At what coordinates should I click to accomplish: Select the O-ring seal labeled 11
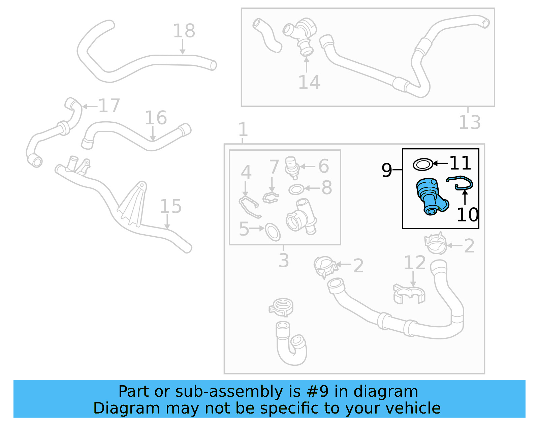pyautogui.click(x=422, y=164)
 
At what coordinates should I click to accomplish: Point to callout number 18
pyautogui.click(x=184, y=31)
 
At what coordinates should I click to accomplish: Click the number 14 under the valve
pyautogui.click(x=309, y=82)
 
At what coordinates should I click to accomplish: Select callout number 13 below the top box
pyautogui.click(x=470, y=122)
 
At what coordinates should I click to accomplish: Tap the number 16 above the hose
pyautogui.click(x=156, y=118)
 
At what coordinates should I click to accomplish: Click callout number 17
pyautogui.click(x=109, y=106)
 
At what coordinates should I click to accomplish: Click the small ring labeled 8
pyautogui.click(x=296, y=189)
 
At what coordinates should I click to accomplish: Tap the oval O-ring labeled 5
pyautogui.click(x=273, y=232)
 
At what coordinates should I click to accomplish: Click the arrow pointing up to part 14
pyautogui.click(x=306, y=65)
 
